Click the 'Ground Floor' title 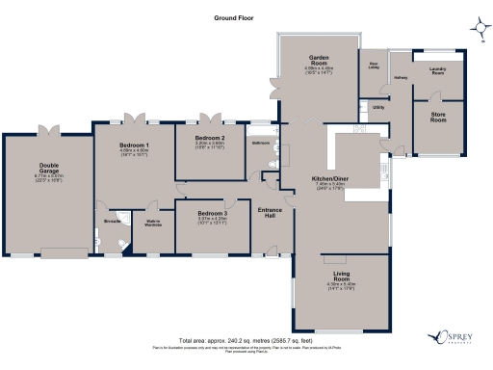(236, 18)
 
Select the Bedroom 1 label (135, 146)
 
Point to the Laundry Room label (438, 70)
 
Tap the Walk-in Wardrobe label (152, 224)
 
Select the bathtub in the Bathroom (276, 153)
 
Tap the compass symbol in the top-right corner (478, 26)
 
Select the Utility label (378, 107)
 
